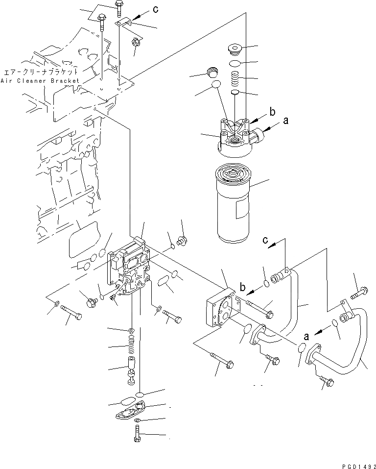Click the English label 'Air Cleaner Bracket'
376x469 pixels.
(x=40, y=80)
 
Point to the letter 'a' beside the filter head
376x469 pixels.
(x=286, y=119)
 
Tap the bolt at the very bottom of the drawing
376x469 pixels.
(x=137, y=434)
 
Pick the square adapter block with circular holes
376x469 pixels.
(x=220, y=311)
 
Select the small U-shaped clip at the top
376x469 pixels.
(x=125, y=22)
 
